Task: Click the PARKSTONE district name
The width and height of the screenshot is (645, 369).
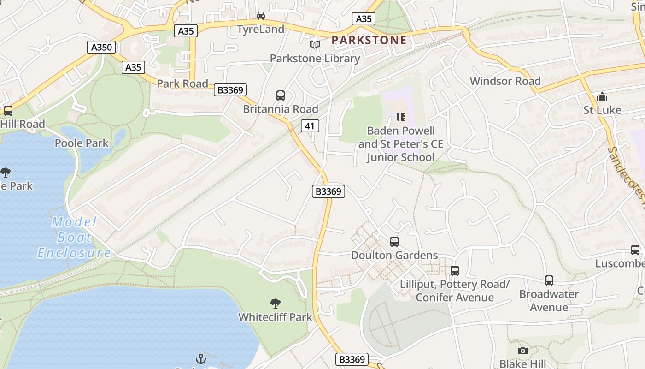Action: coord(369,40)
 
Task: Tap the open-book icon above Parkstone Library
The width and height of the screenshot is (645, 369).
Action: coord(315,44)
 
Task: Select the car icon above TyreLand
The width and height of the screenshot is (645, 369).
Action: coord(261,16)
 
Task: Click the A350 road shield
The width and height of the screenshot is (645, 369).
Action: coord(101,47)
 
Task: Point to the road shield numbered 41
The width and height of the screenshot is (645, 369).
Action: coord(311,125)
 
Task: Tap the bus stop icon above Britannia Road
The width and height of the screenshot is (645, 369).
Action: coord(281,95)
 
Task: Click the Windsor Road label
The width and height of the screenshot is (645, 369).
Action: coord(505,81)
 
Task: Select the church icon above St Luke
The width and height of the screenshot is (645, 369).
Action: coord(602,97)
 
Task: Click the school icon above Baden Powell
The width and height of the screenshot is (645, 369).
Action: coord(400,117)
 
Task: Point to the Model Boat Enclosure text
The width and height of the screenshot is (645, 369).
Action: coord(74,238)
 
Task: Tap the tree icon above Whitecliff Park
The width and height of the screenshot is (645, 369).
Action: coord(276,303)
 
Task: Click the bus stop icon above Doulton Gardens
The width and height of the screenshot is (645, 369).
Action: coord(394,241)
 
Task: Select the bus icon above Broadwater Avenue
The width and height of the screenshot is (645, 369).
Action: coord(549,280)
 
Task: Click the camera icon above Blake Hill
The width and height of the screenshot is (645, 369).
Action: coord(522,351)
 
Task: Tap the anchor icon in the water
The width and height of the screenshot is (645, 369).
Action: coord(200,358)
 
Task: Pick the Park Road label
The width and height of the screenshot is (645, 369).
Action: coord(182,83)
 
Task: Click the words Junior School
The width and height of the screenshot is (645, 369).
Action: coord(400,157)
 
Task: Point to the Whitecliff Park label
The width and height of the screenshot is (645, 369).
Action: coord(275,317)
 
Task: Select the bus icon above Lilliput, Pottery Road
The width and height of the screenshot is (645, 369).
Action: coord(455,271)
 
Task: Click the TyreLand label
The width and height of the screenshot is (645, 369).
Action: coord(260,30)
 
